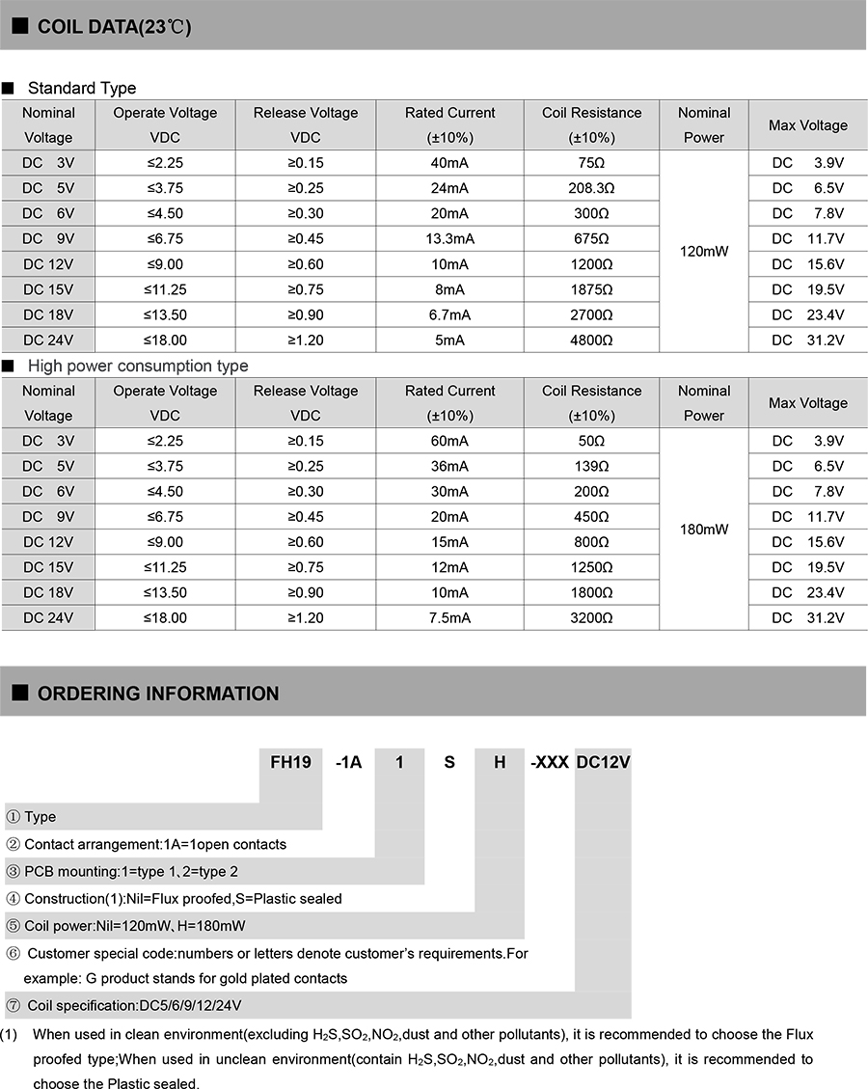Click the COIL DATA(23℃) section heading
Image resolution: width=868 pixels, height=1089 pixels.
pos(114,27)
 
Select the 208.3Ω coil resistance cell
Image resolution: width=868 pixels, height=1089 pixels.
pos(591,188)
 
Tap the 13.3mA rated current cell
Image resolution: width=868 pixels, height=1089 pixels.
pos(449,239)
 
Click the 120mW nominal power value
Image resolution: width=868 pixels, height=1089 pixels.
pos(704,251)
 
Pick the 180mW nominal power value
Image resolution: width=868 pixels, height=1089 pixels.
pos(704,530)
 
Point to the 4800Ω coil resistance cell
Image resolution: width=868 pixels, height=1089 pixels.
pos(591,340)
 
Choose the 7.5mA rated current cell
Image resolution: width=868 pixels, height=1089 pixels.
pos(449,617)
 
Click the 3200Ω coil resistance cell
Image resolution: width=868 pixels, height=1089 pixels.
pos(591,617)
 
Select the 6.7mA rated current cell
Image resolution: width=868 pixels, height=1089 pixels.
pos(449,314)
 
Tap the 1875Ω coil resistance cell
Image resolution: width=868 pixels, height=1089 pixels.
pos(591,289)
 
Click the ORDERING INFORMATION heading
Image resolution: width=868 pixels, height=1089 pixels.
pos(158,694)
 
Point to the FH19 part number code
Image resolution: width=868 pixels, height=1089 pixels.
pos(290,762)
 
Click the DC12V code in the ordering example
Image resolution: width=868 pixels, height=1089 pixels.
pos(603,762)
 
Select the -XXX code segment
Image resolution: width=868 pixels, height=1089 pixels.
pos(550,762)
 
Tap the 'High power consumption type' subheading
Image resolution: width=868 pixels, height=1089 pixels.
pos(138,366)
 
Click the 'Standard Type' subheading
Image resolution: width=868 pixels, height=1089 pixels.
pos(82,88)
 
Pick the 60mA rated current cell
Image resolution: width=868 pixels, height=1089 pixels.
pos(449,441)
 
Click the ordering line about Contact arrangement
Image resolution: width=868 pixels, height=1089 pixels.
pos(155,844)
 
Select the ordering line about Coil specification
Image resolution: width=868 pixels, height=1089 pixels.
pos(133,1005)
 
